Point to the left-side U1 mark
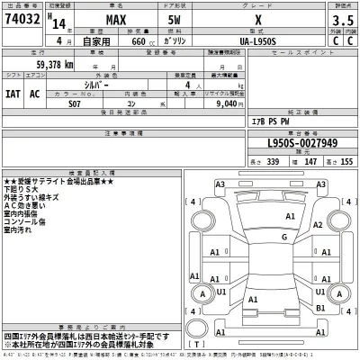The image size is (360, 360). pyautogui.click(x=220, y=292)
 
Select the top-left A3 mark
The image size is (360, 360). pyautogui.click(x=220, y=184)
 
